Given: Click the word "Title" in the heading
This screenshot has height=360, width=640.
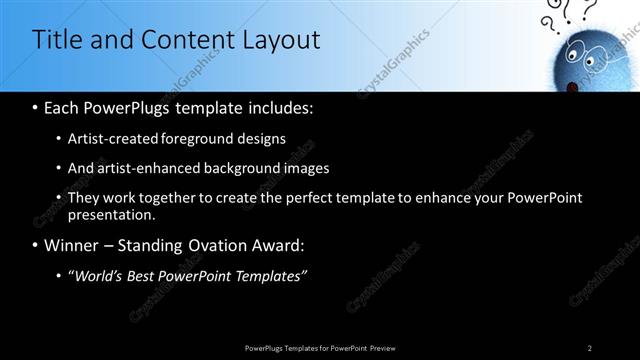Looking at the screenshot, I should [57, 40].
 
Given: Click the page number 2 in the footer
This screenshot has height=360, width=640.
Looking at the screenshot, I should [590, 347].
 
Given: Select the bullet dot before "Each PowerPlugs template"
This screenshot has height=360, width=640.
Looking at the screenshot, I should [36, 106].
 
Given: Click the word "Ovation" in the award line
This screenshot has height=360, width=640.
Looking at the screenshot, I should [236, 245].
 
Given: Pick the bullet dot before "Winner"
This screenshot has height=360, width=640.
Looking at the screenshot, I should [36, 245].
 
